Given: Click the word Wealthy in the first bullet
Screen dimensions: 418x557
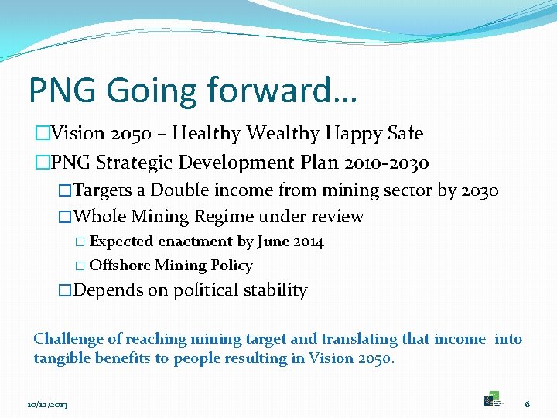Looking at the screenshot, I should click(x=282, y=134).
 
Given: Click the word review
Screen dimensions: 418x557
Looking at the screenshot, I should click(x=335, y=217).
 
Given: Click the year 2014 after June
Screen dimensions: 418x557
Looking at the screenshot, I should click(x=309, y=242).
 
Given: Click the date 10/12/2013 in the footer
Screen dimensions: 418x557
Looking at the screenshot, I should click(x=47, y=405).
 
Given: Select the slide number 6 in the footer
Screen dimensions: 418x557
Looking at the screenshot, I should click(x=527, y=404).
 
